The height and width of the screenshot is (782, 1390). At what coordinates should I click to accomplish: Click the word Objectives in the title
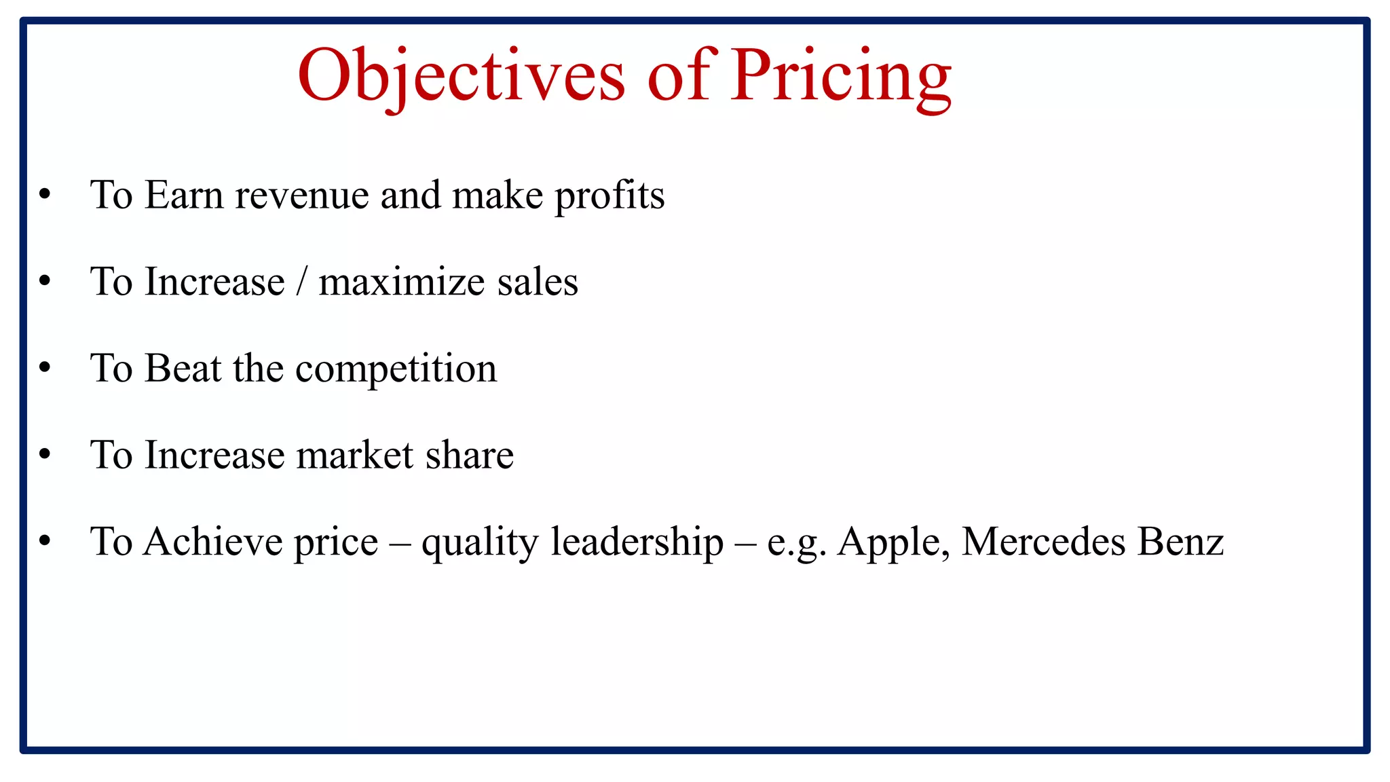pyautogui.click(x=461, y=76)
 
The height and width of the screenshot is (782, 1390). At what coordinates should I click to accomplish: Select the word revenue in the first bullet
pyautogui.click(x=301, y=195)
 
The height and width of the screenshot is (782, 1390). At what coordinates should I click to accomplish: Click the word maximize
pyautogui.click(x=401, y=282)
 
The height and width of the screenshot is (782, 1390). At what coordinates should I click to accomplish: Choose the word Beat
pyautogui.click(x=183, y=369)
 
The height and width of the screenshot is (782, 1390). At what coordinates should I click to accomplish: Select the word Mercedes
pyautogui.click(x=1043, y=542)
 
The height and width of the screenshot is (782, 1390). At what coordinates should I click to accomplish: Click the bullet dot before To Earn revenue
pyautogui.click(x=45, y=195)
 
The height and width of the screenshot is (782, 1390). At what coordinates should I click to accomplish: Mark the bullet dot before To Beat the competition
pyautogui.click(x=45, y=369)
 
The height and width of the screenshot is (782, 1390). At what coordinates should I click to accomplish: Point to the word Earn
pyautogui.click(x=183, y=195)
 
